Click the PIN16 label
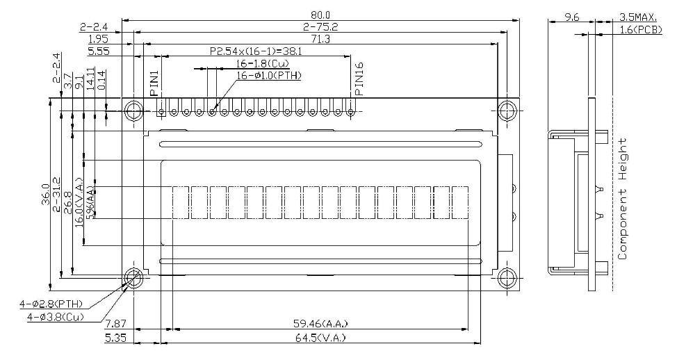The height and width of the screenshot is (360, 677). tap(359, 79)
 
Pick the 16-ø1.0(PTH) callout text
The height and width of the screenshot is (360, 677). tap(269, 76)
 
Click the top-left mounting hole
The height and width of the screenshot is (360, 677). tap(133, 110)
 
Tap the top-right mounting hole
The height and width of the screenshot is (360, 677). tap(507, 110)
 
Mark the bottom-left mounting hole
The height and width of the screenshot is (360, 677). tap(133, 277)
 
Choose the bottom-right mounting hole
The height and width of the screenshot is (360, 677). tap(507, 277)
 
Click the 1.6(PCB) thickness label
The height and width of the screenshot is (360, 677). tap(641, 29)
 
